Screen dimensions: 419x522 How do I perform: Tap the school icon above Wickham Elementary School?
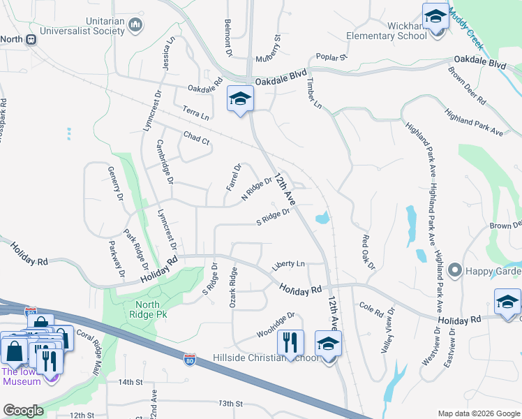point(435,15)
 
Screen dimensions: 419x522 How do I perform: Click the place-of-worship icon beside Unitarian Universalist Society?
point(135,27)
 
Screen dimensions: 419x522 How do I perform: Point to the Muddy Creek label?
point(467,31)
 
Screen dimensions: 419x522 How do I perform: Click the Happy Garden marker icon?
point(455,270)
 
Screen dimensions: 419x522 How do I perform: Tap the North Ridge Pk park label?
point(142,309)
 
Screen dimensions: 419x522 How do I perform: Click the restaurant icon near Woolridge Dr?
point(290,342)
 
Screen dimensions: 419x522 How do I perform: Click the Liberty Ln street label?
point(288,264)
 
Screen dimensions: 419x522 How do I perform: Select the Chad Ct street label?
point(196,139)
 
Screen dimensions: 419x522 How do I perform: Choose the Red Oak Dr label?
point(368,252)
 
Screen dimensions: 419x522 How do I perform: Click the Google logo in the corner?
point(23,411)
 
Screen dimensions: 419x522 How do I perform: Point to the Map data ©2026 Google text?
point(478,413)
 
